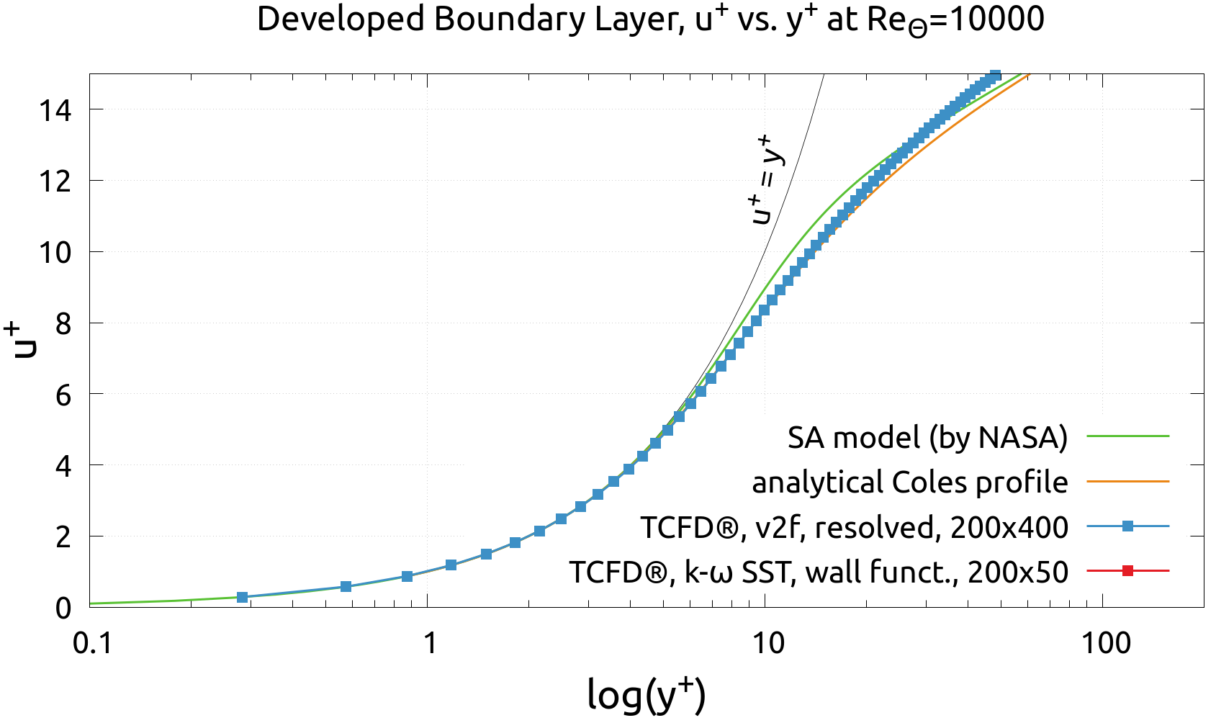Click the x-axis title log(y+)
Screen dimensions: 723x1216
pyautogui.click(x=646, y=694)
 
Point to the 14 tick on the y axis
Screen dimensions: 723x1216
pyautogui.click(x=56, y=110)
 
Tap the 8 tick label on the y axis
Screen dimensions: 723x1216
pyautogui.click(x=63, y=324)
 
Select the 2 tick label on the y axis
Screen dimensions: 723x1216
pyautogui.click(x=63, y=537)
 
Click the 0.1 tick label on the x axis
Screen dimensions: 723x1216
pyautogui.click(x=93, y=643)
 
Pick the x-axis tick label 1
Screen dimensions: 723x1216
pyautogui.click(x=429, y=643)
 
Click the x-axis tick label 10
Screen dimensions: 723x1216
pyautogui.click(x=767, y=643)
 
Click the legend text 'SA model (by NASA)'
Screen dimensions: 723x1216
pyautogui.click(x=927, y=437)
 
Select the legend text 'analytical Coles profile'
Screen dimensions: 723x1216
pyautogui.click(x=910, y=482)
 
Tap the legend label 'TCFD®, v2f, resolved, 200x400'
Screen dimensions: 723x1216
pyautogui.click(x=855, y=528)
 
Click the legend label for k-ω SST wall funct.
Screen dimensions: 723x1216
pyautogui.click(x=819, y=572)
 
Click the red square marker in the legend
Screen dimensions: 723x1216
pyautogui.click(x=1127, y=571)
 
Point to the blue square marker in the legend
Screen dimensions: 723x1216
pyautogui.click(x=1127, y=526)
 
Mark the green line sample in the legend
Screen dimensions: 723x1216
pyautogui.click(x=1127, y=436)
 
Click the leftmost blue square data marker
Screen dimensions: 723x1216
pyautogui.click(x=243, y=597)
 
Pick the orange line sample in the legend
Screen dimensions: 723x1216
pyautogui.click(x=1127, y=481)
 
